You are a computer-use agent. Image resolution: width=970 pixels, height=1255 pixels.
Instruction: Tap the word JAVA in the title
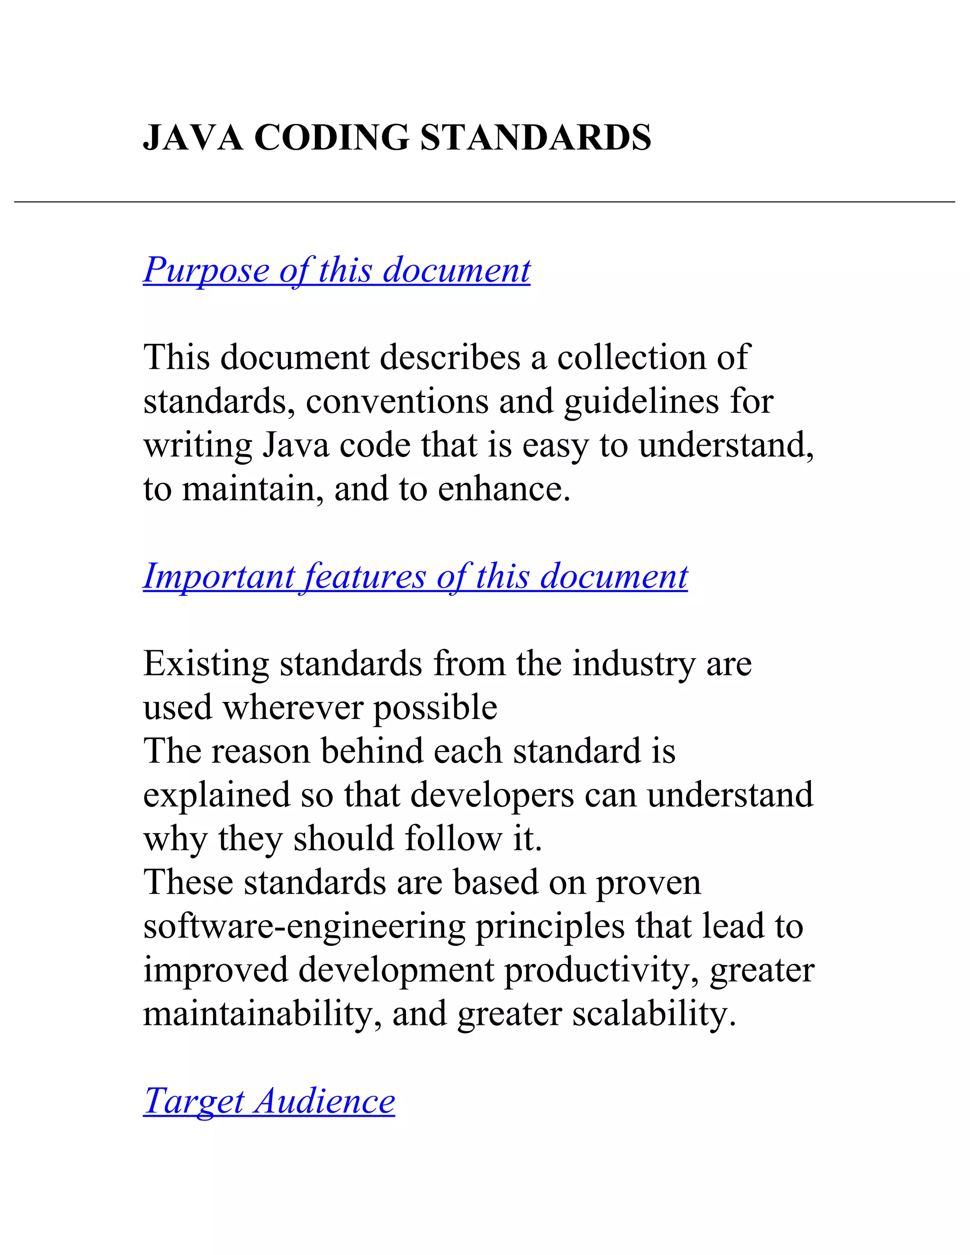(192, 138)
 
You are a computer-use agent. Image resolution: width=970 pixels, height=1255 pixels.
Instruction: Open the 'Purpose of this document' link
(337, 269)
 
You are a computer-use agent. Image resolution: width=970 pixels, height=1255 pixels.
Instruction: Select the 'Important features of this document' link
(415, 576)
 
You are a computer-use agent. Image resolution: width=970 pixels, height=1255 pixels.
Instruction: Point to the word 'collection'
(631, 357)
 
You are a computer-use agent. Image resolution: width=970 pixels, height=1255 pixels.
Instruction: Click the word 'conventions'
(396, 401)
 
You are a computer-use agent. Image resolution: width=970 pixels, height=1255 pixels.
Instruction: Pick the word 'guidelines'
(641, 401)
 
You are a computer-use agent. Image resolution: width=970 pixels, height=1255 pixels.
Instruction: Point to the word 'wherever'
(293, 708)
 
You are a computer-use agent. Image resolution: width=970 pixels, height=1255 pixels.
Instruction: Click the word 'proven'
(648, 883)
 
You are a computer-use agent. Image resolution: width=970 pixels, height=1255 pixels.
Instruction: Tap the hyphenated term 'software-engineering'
(304, 927)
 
